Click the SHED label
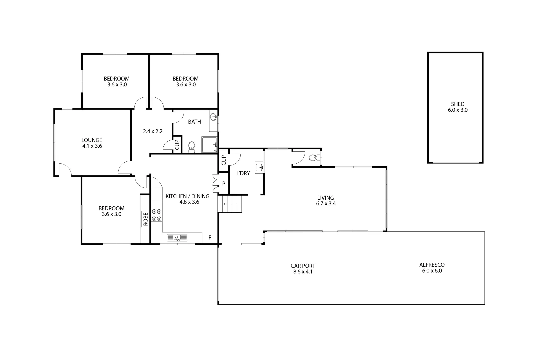pos(457,104)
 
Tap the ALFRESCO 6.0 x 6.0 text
pos(432,268)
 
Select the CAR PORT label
pos(303,266)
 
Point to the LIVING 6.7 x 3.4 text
pos(325,201)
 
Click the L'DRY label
pos(243,173)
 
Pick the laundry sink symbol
pos(260,167)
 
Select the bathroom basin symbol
pos(213,117)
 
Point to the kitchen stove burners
pos(156,215)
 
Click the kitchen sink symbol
pos(177,238)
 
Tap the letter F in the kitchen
pos(210,238)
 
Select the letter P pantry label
pos(224,183)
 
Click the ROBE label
pos(145,219)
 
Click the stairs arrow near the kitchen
pos(229,204)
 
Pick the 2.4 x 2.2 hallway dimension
pos(152,131)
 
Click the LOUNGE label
pos(92,140)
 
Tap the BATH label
pos(194,122)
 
